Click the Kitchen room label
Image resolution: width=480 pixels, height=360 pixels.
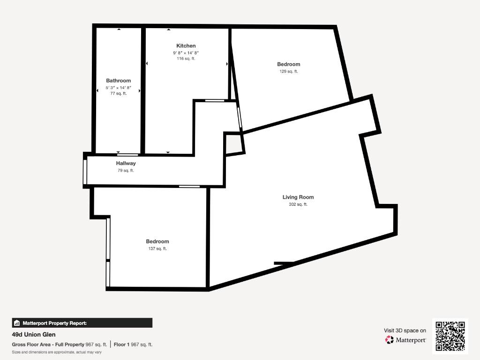(x=186, y=45)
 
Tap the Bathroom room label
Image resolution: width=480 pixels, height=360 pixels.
(x=119, y=81)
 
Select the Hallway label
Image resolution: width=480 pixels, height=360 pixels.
(x=126, y=164)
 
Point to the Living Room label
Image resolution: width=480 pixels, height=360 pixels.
(x=298, y=197)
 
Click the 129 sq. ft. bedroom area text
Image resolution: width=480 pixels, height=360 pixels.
(x=289, y=71)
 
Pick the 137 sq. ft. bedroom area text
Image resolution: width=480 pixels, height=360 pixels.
(x=157, y=248)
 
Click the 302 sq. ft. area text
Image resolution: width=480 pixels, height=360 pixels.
(x=298, y=204)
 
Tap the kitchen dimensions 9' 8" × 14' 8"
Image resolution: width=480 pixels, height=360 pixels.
(x=186, y=52)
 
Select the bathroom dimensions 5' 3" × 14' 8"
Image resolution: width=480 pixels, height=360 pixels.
(x=119, y=88)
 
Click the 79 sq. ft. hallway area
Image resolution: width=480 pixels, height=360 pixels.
(x=126, y=171)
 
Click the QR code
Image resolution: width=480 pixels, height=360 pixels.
(x=450, y=336)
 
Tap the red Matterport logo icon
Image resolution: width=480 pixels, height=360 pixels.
(x=390, y=340)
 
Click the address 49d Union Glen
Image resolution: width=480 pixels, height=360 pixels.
(x=34, y=335)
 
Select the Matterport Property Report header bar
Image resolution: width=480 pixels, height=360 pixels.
(x=82, y=323)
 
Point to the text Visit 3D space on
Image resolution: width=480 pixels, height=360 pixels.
(x=405, y=330)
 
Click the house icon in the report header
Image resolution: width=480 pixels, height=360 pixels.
(x=17, y=323)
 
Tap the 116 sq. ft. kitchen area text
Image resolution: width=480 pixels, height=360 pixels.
(x=186, y=59)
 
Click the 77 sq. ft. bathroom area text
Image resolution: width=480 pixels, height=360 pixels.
(x=119, y=93)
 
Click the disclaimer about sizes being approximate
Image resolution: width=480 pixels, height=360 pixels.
(x=57, y=352)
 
